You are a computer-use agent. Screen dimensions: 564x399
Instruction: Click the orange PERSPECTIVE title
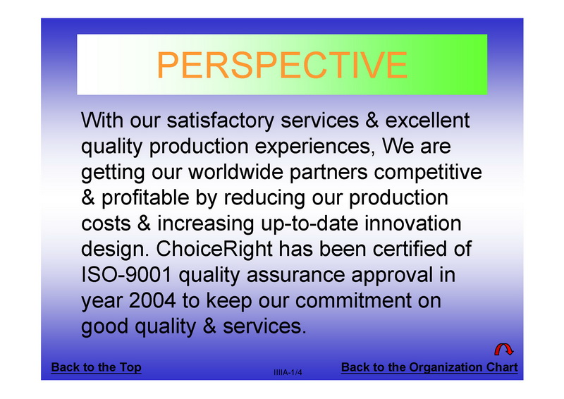pyautogui.click(x=283, y=65)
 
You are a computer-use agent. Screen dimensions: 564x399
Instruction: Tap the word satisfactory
pyautogui.click(x=221, y=120)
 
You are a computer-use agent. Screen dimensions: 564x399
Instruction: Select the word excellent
pyautogui.click(x=427, y=120)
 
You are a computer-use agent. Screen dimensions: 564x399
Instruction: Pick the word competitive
pyautogui.click(x=428, y=173)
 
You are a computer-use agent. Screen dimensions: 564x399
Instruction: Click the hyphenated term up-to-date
pyautogui.click(x=309, y=224)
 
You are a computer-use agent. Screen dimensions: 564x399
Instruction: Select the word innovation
pyautogui.click(x=413, y=223)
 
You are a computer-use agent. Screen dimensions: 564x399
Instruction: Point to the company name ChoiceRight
pyautogui.click(x=214, y=250)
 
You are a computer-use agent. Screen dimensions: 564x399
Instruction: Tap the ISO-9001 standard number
pyautogui.click(x=127, y=275)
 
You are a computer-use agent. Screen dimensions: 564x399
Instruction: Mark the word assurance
pyautogui.click(x=295, y=276)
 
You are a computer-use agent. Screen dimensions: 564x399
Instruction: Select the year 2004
pyautogui.click(x=152, y=301)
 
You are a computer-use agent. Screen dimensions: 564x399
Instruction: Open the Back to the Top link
pyautogui.click(x=96, y=367)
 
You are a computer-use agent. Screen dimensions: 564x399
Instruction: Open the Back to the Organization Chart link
pyautogui.click(x=429, y=367)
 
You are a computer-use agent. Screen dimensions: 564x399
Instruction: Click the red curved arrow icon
pyautogui.click(x=503, y=350)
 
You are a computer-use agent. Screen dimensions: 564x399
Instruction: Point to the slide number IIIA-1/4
pyautogui.click(x=288, y=372)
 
